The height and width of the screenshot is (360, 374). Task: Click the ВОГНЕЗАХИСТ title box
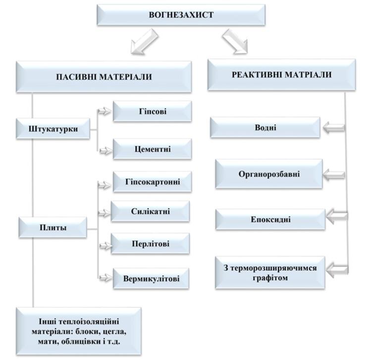click(x=181, y=15)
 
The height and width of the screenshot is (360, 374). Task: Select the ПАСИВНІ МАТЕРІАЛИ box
click(x=104, y=77)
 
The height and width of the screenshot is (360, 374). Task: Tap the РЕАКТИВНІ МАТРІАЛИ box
click(x=282, y=75)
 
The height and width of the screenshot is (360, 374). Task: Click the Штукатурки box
click(x=53, y=129)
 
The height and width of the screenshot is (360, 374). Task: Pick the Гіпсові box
click(x=153, y=111)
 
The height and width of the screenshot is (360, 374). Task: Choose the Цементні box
click(x=153, y=149)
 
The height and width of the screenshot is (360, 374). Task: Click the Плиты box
click(x=53, y=227)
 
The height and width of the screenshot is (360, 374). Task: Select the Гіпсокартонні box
click(x=153, y=182)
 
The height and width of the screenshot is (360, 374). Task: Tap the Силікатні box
click(x=150, y=211)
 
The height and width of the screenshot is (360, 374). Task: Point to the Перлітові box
click(x=150, y=244)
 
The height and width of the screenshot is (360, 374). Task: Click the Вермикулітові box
click(x=151, y=278)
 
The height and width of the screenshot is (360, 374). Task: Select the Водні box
click(x=265, y=128)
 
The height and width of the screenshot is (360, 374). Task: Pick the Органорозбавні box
click(x=269, y=174)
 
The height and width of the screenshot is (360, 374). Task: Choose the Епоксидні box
click(x=270, y=219)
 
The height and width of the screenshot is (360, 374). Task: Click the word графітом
click(x=270, y=278)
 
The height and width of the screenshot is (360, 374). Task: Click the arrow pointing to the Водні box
click(x=334, y=128)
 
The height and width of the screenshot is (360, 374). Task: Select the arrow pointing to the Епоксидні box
click(x=337, y=217)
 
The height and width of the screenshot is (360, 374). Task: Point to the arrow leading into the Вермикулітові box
click(x=106, y=278)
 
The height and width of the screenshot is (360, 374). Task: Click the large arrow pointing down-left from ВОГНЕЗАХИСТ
click(x=144, y=42)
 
